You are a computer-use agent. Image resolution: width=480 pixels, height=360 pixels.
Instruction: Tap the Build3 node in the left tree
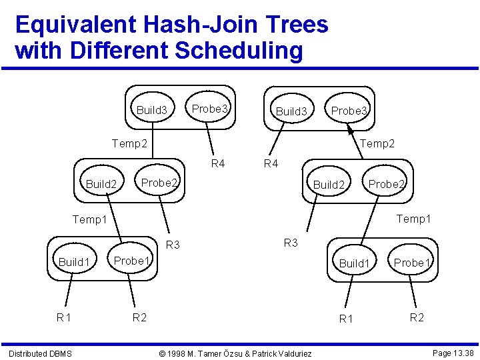pyautogui.click(x=152, y=110)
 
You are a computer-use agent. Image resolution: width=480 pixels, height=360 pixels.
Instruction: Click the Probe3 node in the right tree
pyautogui.click(x=349, y=111)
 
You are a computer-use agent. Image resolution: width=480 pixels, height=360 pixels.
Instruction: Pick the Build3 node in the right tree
pyautogui.click(x=291, y=111)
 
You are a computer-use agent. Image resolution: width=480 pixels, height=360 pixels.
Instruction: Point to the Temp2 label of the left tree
pyautogui.click(x=129, y=143)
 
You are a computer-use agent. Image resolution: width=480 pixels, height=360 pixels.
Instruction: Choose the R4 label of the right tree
pyautogui.click(x=271, y=163)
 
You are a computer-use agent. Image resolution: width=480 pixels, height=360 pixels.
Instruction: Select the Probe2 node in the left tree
pyautogui.click(x=159, y=183)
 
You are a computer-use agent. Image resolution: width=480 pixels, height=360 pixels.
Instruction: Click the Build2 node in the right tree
pyautogui.click(x=329, y=185)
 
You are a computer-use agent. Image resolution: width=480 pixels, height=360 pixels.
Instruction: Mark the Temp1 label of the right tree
pyautogui.click(x=413, y=219)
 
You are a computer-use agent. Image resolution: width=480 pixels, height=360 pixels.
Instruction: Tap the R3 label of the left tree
pyautogui.click(x=173, y=245)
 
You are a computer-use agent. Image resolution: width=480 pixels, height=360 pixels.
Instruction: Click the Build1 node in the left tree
pyautogui.click(x=74, y=262)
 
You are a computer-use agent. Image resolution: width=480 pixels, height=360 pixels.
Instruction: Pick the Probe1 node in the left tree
pyautogui.click(x=131, y=261)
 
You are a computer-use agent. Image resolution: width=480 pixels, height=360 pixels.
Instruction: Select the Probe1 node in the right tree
pyautogui.click(x=412, y=263)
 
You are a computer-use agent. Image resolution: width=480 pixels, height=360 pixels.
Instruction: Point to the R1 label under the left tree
pyautogui.click(x=64, y=317)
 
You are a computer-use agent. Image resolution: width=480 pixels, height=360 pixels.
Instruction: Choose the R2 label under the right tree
pyautogui.click(x=416, y=317)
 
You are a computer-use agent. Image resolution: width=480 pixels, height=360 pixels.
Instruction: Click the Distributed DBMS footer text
pyautogui.click(x=40, y=353)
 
